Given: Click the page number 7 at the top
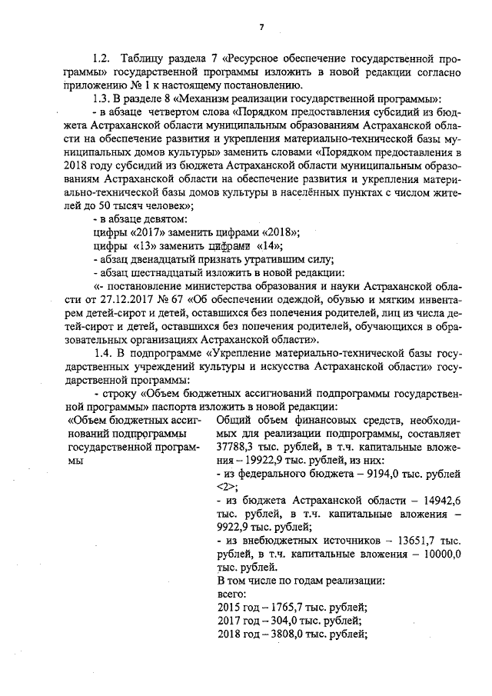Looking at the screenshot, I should tap(261, 28).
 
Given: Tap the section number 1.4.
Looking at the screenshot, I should tap(103, 353).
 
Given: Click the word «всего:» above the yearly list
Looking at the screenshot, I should tap(231, 594).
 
